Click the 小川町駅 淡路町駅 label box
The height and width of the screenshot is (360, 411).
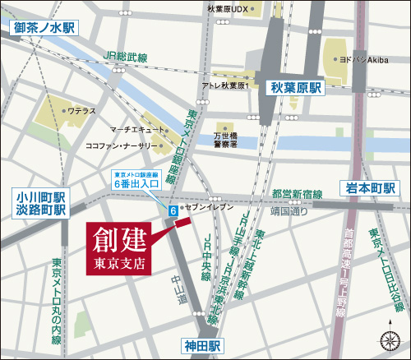39,203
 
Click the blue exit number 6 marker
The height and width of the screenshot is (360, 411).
173,211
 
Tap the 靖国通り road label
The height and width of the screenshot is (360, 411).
288,210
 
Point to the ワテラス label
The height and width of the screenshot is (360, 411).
82,109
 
